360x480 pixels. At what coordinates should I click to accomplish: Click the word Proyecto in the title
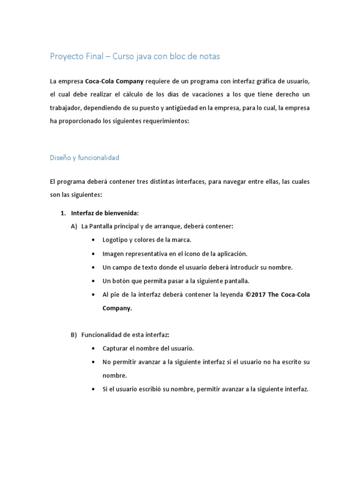(x=66, y=57)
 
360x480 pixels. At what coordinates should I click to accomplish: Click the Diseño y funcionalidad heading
(x=84, y=157)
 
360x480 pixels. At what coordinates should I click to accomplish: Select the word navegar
(x=224, y=181)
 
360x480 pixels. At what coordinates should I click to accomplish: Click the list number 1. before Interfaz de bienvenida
(x=63, y=213)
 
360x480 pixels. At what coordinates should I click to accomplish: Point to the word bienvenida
(x=122, y=213)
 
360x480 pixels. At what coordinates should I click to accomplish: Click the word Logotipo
(x=116, y=240)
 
